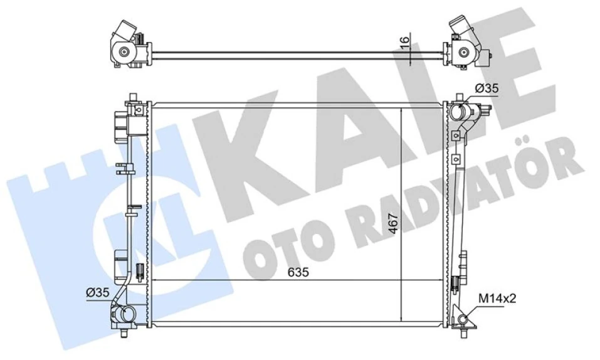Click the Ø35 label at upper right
click(487, 90)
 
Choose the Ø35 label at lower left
click(98, 292)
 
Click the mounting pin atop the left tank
click(132, 99)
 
